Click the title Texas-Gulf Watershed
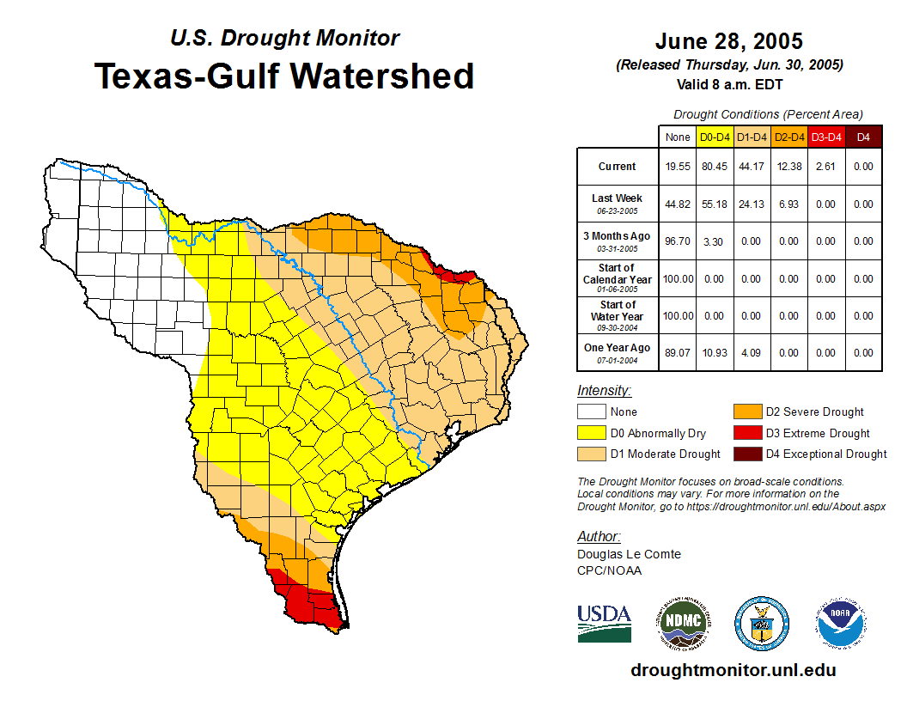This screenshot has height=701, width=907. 283,76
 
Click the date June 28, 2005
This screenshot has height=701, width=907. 728,41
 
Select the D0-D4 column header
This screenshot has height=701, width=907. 715,137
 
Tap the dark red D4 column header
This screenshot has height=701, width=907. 863,137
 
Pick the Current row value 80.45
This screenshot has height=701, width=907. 715,167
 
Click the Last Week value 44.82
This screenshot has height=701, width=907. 678,204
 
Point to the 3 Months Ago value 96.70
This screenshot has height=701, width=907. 678,241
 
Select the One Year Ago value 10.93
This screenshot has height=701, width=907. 715,352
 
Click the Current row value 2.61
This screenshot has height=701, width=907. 825,167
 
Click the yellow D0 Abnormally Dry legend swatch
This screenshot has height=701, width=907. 591,433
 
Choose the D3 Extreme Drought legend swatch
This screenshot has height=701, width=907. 746,433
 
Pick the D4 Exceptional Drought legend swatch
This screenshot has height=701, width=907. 746,454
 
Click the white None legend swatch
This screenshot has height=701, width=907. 591,412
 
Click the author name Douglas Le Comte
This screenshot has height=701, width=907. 629,554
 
